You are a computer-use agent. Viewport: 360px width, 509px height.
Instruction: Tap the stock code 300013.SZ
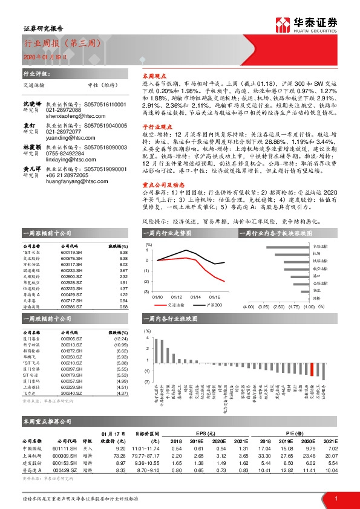tap(71, 345)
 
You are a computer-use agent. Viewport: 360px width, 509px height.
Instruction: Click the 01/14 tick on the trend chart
tap(195, 297)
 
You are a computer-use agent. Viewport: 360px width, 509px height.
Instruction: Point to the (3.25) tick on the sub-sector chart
tap(264, 307)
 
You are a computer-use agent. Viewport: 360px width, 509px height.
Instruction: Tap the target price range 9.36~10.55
tap(147, 462)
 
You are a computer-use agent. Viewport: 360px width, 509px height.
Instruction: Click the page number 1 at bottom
tap(335, 498)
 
